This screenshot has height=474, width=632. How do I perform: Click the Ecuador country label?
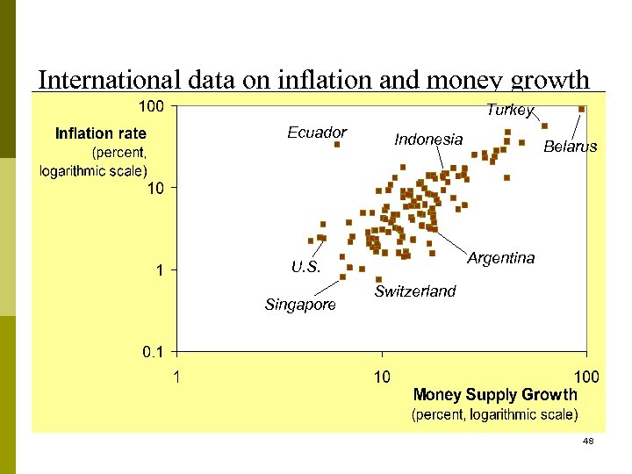coord(317,133)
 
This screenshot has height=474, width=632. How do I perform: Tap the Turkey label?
coord(510,110)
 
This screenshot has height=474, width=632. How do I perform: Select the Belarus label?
coord(570,147)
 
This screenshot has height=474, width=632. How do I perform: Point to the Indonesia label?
coord(428,140)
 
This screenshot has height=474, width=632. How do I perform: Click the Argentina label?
coord(500,258)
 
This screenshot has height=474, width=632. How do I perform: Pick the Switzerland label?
coord(415,291)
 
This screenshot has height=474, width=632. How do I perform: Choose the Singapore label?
coord(300,305)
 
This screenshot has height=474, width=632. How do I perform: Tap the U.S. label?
coord(305,267)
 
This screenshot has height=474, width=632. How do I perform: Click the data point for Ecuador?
coord(337,145)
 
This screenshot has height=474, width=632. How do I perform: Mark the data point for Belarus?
coord(582,109)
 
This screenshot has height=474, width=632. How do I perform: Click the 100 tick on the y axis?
coord(153,106)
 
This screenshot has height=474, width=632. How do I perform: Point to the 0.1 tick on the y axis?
coord(153,352)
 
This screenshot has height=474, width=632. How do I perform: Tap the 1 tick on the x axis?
coord(177,377)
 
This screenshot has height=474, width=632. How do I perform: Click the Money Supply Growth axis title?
coord(495,395)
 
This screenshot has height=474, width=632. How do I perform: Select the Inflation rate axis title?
coord(100,133)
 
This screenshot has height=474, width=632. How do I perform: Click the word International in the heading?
coord(110,80)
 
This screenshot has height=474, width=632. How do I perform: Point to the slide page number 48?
coord(588,441)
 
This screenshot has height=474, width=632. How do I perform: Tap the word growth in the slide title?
coord(551,82)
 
